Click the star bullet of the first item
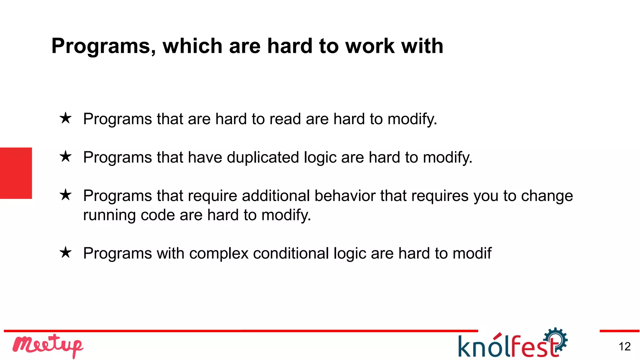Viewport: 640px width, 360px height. click(x=66, y=118)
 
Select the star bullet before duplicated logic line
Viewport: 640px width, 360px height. click(x=66, y=157)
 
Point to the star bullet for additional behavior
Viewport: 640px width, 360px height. click(x=66, y=195)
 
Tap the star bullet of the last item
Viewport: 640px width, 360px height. click(x=66, y=252)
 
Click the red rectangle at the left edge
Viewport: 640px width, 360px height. click(x=16, y=173)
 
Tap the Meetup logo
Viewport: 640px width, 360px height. click(x=47, y=346)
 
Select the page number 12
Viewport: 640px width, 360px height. click(x=624, y=347)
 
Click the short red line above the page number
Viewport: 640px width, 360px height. click(x=619, y=331)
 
